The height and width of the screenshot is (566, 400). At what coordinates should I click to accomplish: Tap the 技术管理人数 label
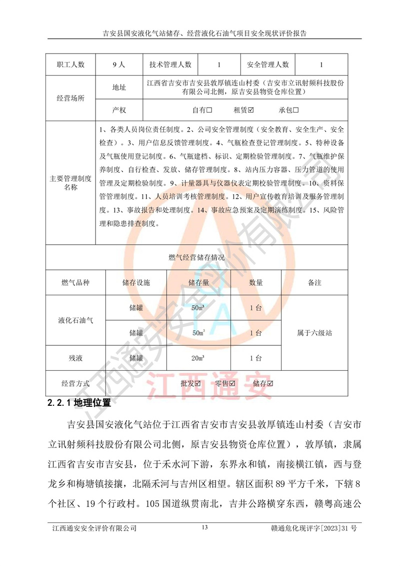tap(170, 65)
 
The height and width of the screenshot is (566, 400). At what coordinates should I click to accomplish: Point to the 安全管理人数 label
tap(268, 65)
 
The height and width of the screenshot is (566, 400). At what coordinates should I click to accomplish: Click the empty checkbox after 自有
tap(210, 110)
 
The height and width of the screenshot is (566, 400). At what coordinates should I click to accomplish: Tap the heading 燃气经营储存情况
tap(196, 258)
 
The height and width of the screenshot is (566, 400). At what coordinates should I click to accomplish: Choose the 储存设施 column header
tap(136, 283)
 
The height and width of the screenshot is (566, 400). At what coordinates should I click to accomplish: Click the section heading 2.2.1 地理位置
tap(78, 402)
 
